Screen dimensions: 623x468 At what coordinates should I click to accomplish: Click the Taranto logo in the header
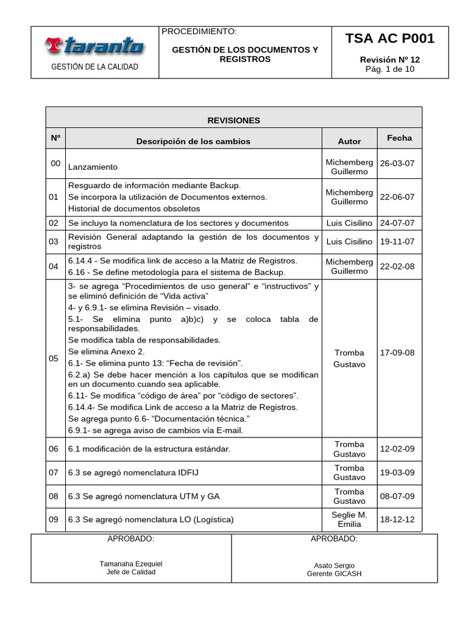point(94,45)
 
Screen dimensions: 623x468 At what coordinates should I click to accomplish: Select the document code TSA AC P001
point(390,39)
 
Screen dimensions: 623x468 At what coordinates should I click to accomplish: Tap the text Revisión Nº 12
point(389,60)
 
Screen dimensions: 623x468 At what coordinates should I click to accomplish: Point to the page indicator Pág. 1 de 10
point(389,69)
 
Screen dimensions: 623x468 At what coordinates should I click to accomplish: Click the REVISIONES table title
point(233,120)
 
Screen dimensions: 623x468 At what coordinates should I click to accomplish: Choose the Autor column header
point(349,141)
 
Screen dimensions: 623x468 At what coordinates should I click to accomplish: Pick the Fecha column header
point(399,138)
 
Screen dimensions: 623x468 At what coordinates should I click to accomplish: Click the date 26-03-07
point(397,164)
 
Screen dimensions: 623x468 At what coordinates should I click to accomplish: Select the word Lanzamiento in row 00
point(93,167)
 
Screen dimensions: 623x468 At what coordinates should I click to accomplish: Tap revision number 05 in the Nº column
point(55,358)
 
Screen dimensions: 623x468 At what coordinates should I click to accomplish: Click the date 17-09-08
point(397,353)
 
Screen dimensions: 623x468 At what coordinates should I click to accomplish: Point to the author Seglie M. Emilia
point(349,520)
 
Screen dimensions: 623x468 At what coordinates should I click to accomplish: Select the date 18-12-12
point(397,520)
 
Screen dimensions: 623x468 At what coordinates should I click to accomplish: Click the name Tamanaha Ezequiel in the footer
point(131,564)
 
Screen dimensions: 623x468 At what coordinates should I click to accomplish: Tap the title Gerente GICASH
point(334,574)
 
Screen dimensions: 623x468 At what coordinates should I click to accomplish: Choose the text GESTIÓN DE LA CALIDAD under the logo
point(94,67)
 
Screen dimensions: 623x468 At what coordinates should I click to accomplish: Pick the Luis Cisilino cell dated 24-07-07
point(349,223)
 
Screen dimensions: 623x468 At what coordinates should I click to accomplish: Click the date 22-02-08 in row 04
point(397,266)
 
